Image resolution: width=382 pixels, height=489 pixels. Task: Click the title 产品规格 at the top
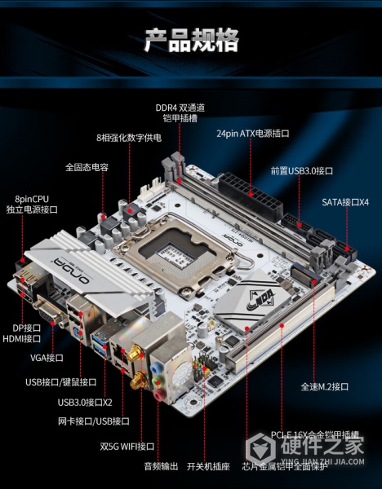pos(191,39)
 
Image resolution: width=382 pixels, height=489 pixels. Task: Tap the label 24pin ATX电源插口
pos(253,132)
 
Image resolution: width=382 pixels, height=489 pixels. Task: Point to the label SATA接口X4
pos(345,201)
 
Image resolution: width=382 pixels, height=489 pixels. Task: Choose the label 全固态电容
pos(87,167)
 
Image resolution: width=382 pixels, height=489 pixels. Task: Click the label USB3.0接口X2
pos(85,401)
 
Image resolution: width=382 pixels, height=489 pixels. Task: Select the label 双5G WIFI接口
pos(127,446)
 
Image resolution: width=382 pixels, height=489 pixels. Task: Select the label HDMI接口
pos(21,338)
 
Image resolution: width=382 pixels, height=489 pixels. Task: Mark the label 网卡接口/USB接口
pos(93,421)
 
